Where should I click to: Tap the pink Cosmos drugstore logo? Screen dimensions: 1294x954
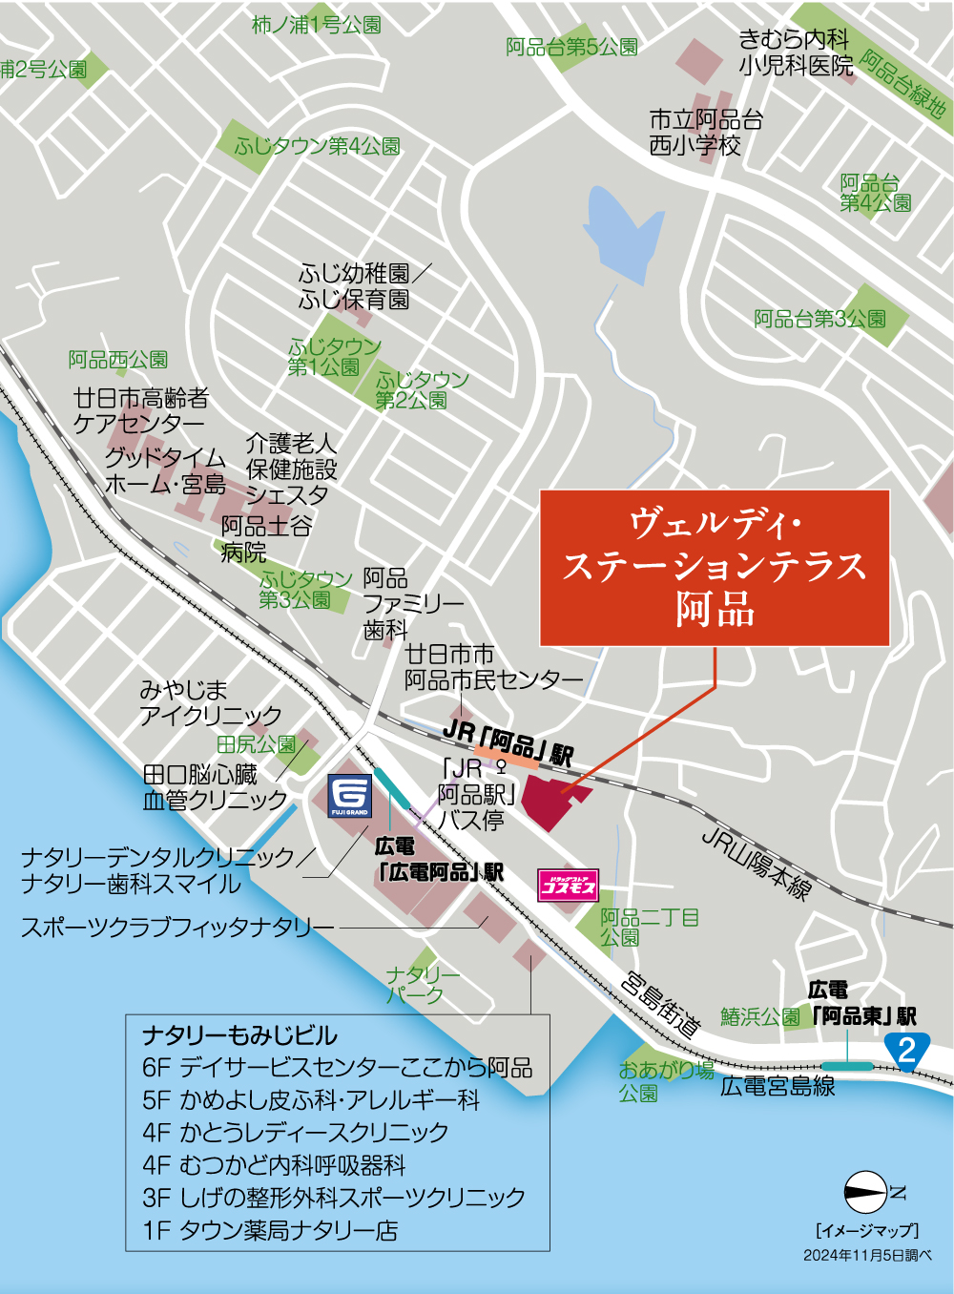[569, 886]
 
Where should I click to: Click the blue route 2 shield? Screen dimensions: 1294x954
[907, 1050]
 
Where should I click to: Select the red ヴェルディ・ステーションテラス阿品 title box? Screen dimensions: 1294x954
[715, 568]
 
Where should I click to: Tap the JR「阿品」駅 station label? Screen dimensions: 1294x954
[508, 743]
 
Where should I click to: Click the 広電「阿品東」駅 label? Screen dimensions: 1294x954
[863, 1005]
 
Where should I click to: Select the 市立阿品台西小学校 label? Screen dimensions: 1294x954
[705, 133]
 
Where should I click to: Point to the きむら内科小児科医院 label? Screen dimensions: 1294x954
[795, 52]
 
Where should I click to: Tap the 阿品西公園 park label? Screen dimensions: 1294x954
[118, 360]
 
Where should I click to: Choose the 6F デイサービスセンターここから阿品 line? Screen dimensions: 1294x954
[337, 1067]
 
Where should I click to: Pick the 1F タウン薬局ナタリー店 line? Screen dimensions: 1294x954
[270, 1231]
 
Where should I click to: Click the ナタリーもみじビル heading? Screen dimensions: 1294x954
[239, 1035]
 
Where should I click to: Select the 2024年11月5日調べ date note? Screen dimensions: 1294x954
[866, 1255]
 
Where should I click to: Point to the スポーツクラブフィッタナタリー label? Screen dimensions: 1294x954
[177, 927]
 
